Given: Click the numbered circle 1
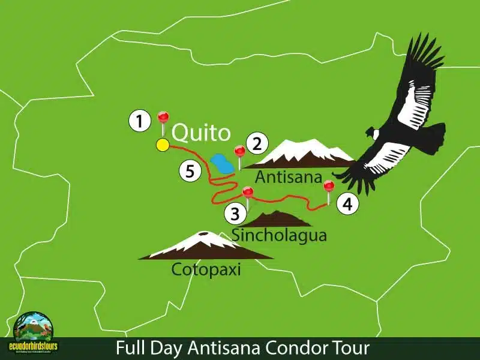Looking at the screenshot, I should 139,122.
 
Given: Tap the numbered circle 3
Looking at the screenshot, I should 235,212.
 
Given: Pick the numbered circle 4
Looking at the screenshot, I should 347,204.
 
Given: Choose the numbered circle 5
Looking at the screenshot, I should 190,172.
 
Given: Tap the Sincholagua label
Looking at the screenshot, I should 280,235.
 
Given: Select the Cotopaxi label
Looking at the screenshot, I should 206,269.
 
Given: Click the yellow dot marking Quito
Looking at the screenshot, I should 162,145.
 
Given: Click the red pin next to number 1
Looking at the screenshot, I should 162,117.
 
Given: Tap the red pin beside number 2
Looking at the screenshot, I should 239,151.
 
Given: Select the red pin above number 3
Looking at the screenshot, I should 247,192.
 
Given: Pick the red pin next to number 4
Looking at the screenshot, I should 328,186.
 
